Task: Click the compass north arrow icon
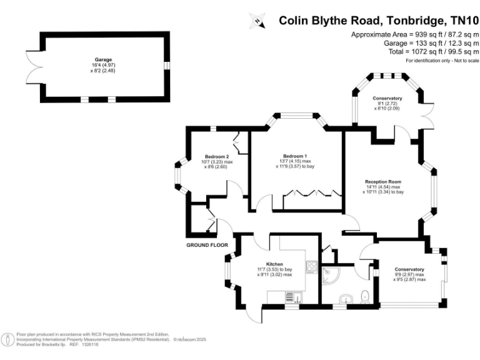[256, 21]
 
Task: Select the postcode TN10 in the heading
[461, 20]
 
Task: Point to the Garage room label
[103, 59]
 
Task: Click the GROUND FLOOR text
[207, 245]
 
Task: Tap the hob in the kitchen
[312, 267]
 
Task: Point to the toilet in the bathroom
[366, 296]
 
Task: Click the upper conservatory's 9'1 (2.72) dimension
[387, 104]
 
